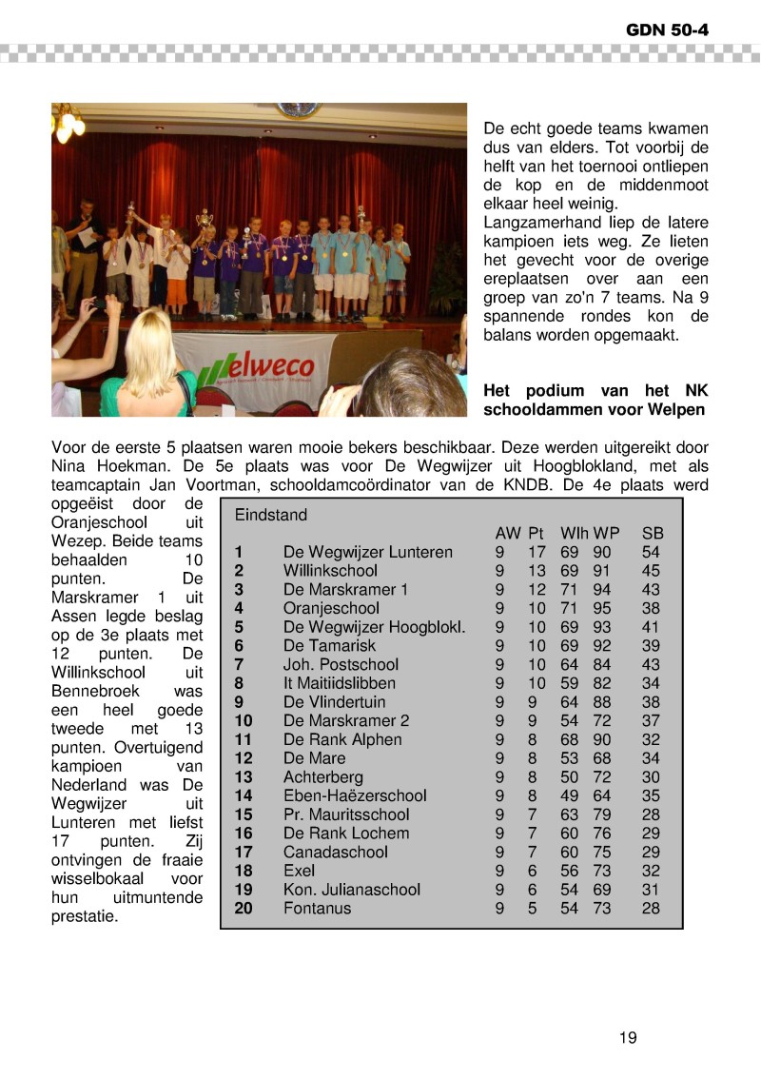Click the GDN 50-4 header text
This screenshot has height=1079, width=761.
pos(668,30)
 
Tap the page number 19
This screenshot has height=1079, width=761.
pos(628,1037)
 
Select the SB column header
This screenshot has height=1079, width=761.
pos(652,533)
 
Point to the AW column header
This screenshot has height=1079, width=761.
pos(508,533)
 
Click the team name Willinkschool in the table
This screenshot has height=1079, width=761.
pos(330,571)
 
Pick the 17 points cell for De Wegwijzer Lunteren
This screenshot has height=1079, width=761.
pos(537,552)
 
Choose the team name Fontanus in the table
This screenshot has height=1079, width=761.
pos(317,909)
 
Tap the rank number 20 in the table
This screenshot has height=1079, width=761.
pos(243,909)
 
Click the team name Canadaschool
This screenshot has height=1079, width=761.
pos(336,853)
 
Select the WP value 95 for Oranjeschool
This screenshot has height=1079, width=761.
pos(602,608)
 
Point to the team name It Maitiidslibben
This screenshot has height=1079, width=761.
pos(340,683)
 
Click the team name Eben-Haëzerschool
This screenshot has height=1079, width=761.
pos(355,795)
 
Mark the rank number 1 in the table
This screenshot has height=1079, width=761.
pos(239,552)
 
